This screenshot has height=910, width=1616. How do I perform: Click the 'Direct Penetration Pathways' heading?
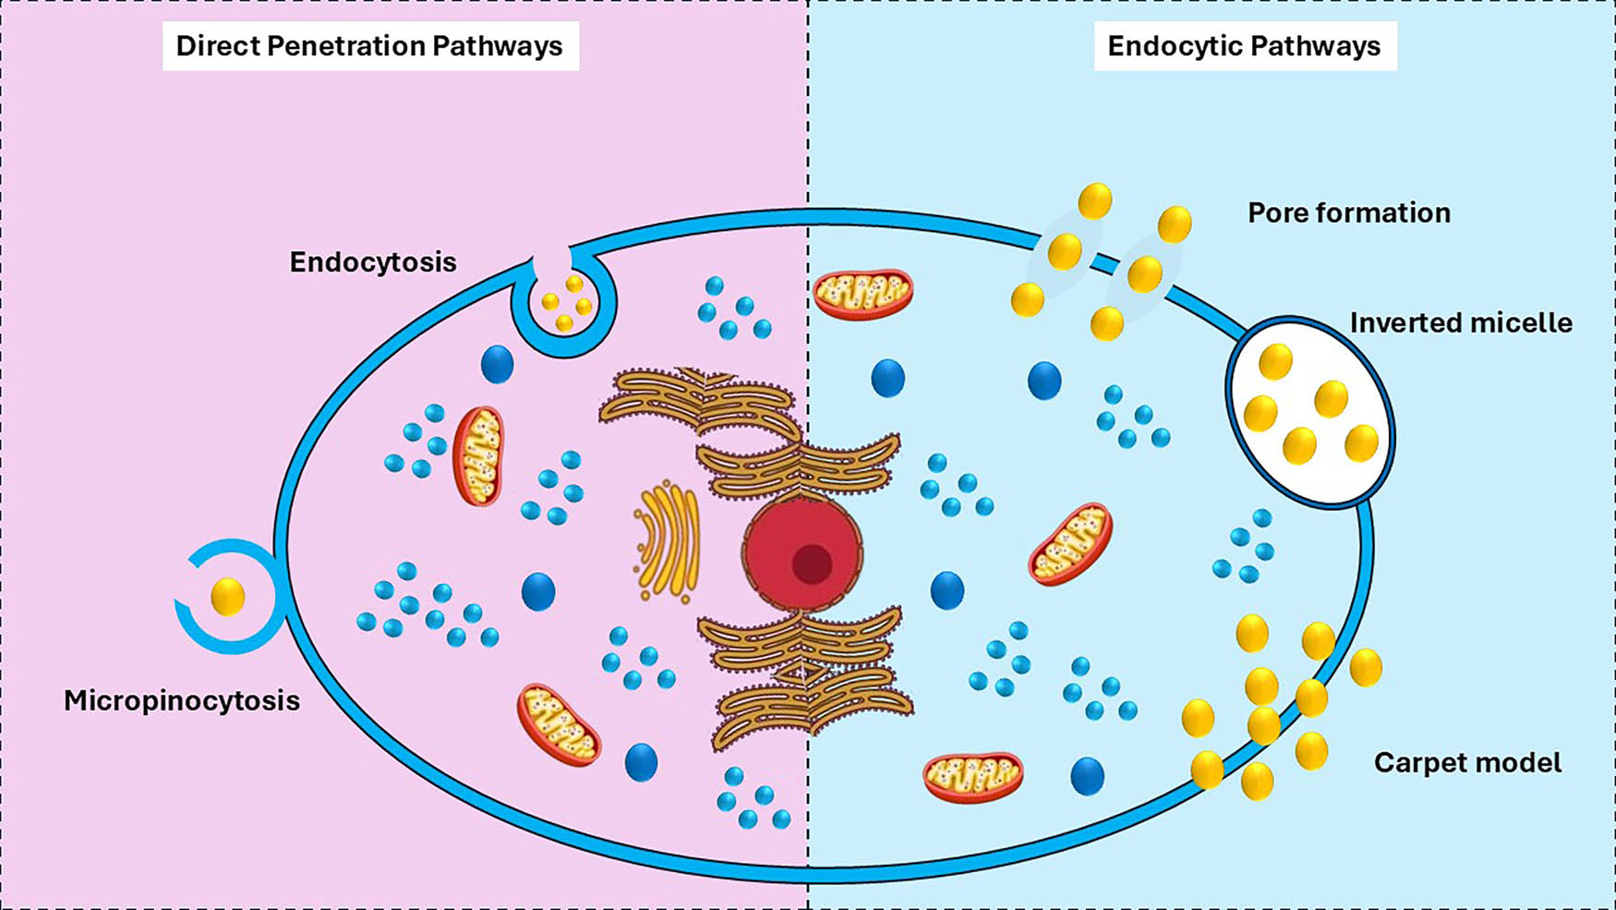(369, 46)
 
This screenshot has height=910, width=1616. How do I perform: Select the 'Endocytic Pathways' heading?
(1243, 46)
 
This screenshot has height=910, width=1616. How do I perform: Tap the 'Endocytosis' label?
(373, 262)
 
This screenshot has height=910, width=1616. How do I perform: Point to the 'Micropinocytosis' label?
(182, 700)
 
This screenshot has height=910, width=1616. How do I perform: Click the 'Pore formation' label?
(1348, 213)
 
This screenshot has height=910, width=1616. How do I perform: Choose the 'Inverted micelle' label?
(1460, 323)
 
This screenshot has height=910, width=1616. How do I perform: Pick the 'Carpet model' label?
(1467, 763)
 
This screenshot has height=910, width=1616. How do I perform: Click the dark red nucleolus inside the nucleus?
(812, 564)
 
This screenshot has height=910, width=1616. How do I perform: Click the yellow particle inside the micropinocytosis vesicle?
(228, 597)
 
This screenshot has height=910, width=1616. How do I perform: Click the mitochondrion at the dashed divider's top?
(862, 294)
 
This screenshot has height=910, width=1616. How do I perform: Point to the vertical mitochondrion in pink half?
(478, 455)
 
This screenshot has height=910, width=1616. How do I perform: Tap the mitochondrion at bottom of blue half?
(972, 777)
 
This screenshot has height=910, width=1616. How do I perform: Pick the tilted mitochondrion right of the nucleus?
(1070, 544)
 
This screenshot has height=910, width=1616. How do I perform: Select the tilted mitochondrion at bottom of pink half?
(559, 725)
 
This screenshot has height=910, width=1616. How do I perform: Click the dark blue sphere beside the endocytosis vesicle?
(497, 364)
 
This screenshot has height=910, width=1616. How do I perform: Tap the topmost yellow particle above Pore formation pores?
(1095, 200)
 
